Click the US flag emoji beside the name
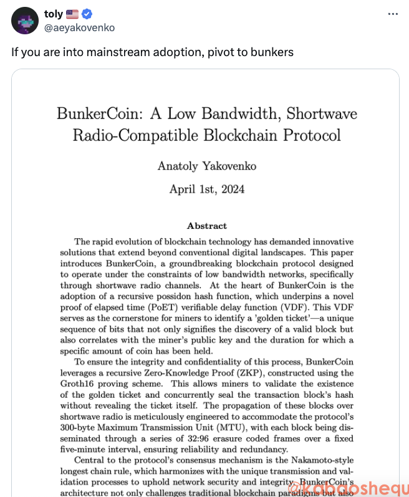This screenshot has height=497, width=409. coord(72,14)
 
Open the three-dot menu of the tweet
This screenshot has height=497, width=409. coord(393,14)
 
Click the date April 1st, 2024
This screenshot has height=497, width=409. coord(207,189)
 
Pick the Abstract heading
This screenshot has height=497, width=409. coord(207,226)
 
